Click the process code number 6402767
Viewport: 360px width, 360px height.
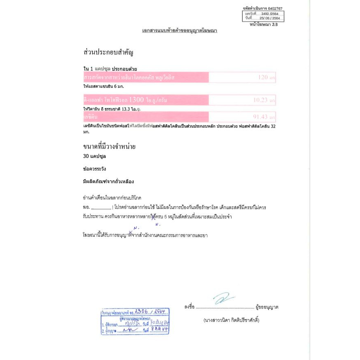tap(274, 9)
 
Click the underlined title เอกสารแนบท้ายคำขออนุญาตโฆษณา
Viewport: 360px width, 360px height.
tap(180, 31)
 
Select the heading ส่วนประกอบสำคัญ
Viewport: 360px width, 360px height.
tap(109, 53)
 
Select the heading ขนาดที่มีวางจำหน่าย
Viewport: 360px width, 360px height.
tap(109, 146)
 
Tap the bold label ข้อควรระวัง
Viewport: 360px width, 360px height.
tap(94, 169)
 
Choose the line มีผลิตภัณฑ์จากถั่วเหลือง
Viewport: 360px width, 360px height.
tap(108, 181)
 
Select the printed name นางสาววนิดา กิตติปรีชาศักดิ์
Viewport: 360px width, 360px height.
tap(231, 320)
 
